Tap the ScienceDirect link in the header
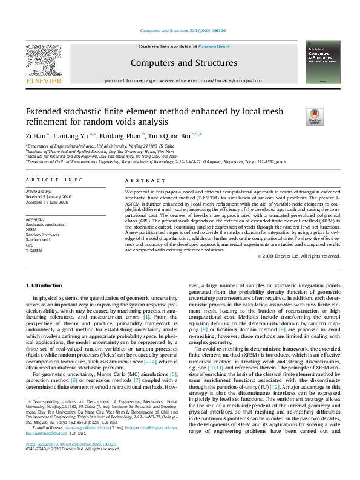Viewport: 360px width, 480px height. (214, 47)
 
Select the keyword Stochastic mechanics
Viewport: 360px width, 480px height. (45, 224)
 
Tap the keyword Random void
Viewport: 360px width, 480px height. (38, 239)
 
